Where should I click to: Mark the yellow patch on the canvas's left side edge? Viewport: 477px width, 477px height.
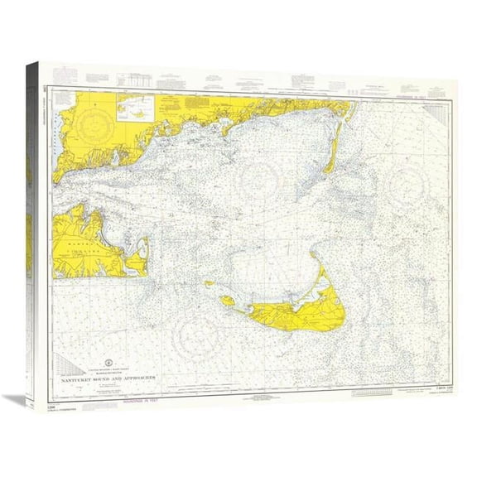pos(29,240)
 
